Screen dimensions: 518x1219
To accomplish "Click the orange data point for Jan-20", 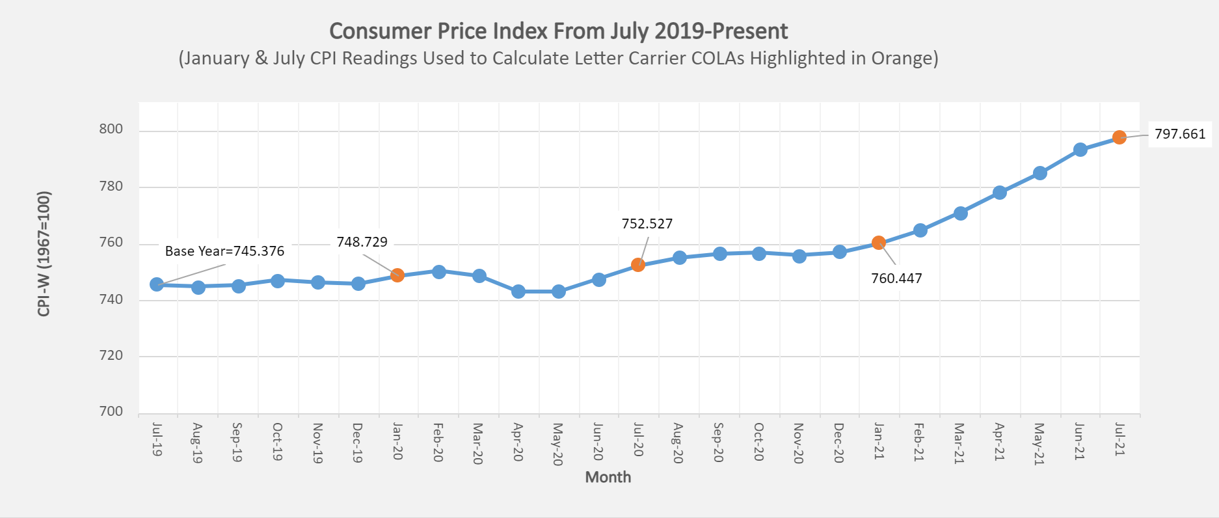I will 397,275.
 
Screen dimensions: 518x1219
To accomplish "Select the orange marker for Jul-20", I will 638,265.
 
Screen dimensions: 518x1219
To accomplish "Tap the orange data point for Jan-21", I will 879,243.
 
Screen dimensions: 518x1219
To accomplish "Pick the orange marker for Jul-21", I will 1119,137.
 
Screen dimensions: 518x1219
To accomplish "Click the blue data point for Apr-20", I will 518,292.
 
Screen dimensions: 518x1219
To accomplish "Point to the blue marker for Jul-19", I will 157,284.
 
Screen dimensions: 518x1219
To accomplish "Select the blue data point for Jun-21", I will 1080,150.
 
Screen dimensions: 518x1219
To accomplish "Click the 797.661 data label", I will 1180,134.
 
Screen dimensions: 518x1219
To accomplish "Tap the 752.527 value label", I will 647,224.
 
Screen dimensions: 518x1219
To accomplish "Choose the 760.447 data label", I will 896,279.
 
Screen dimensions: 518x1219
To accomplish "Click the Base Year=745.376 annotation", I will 224,251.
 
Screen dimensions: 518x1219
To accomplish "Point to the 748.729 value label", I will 362,242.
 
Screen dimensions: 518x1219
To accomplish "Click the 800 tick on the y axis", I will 111,129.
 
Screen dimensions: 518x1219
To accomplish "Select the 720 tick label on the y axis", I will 111,355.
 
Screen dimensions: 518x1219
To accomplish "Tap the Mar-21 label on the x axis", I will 959,443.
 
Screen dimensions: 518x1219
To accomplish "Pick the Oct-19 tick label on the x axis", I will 278,441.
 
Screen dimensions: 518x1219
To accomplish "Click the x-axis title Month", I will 608,477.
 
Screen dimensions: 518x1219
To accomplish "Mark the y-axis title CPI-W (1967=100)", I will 44,254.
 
